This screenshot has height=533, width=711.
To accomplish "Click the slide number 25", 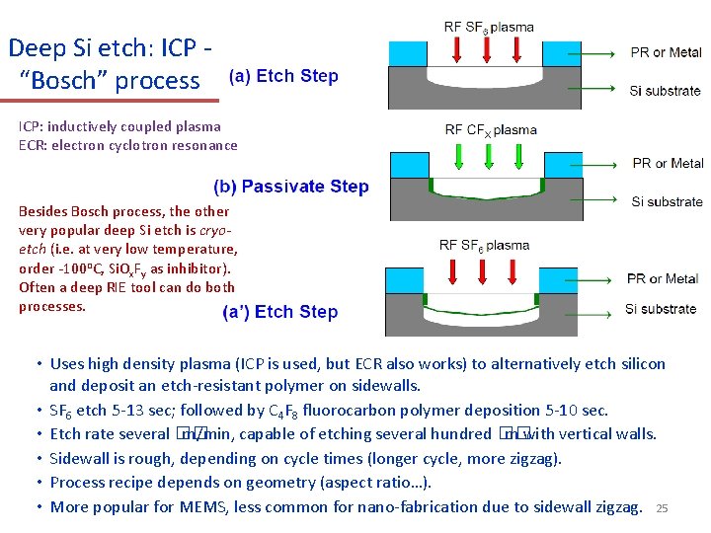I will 663,508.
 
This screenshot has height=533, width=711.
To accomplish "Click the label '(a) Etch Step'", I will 283,76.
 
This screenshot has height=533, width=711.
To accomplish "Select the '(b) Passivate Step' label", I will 291,187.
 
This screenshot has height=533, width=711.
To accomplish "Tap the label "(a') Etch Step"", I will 280,312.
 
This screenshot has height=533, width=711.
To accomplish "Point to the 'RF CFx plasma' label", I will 491,129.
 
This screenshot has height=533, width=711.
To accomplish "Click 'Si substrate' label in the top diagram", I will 666,91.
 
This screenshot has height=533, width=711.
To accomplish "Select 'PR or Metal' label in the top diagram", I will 667,52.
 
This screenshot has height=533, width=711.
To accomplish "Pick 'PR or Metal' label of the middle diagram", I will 668,163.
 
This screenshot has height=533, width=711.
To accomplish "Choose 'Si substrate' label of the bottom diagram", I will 661,309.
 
